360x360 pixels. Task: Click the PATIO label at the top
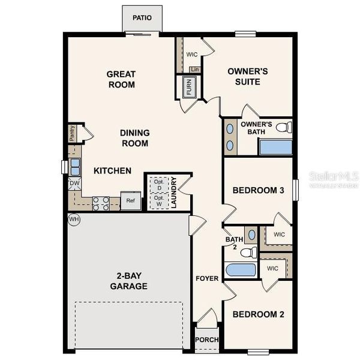142,18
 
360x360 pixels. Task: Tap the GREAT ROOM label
121,79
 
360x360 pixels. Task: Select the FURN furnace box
188,88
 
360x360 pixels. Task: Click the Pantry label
72,133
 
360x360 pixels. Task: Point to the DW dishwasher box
74,184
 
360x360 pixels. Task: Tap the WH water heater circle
74,219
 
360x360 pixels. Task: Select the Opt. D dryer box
159,185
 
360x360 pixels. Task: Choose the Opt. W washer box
159,202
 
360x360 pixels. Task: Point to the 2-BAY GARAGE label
128,281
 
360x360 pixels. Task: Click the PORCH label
207,340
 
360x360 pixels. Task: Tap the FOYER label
206,278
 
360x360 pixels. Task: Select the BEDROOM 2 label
258,314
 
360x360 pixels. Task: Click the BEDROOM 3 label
258,190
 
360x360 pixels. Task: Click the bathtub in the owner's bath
275,147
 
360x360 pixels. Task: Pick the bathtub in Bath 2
241,269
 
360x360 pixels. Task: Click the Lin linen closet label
194,70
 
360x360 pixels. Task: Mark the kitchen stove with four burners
101,203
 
